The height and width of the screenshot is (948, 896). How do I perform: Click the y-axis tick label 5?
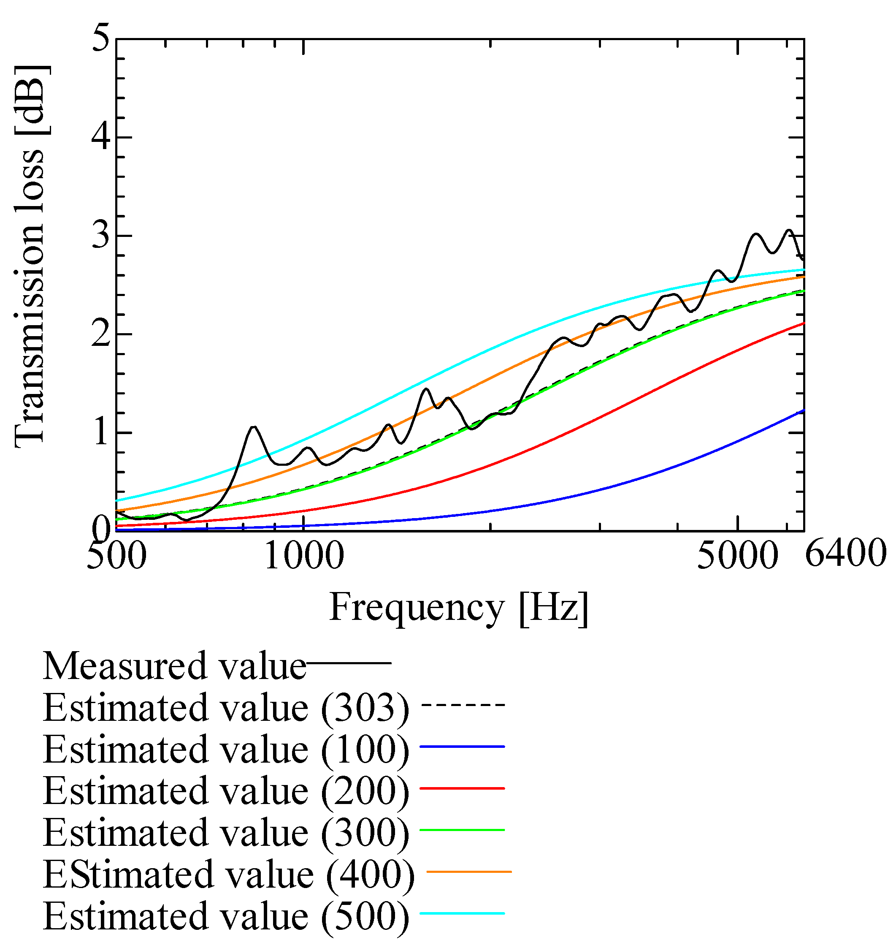(101, 40)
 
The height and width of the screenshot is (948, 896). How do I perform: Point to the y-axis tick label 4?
(101, 138)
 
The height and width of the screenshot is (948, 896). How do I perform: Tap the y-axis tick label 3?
(101, 236)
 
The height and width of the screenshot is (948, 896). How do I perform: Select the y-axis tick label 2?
(101, 334)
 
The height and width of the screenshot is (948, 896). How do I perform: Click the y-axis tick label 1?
(101, 433)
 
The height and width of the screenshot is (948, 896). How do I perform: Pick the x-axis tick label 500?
(116, 556)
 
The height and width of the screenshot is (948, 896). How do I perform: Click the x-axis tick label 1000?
(304, 556)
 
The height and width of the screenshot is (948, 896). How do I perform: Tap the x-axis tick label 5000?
(738, 556)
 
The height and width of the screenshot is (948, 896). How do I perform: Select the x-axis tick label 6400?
(846, 555)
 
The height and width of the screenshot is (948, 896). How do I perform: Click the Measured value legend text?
(175, 666)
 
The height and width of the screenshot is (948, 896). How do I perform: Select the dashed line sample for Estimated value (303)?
(463, 705)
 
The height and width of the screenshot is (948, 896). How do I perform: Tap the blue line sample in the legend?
(462, 746)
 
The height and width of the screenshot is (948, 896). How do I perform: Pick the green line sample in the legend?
(462, 831)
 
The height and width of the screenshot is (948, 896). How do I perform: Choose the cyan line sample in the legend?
(462, 914)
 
